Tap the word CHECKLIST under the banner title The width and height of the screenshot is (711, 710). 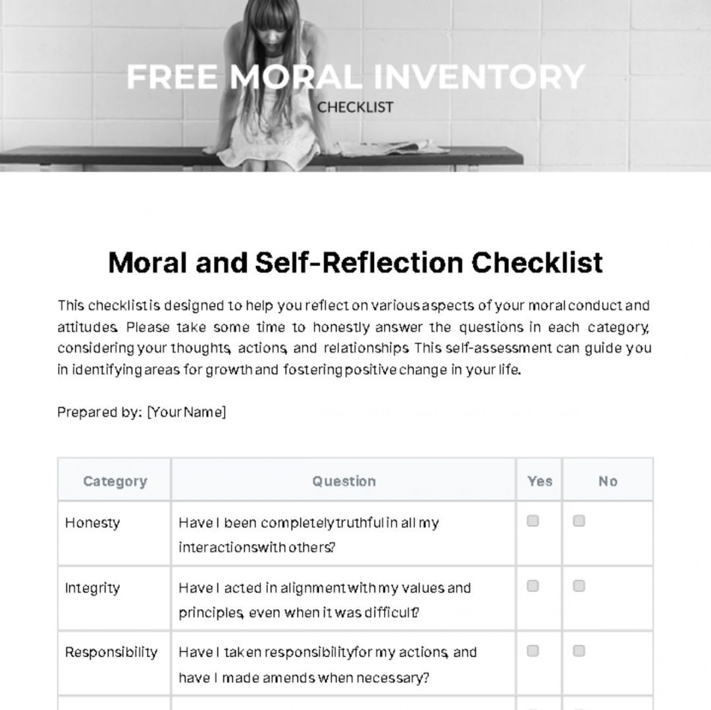(x=355, y=107)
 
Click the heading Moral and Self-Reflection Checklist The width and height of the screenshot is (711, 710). (x=355, y=262)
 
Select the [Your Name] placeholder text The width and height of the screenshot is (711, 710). (x=186, y=412)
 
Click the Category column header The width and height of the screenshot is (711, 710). (x=115, y=481)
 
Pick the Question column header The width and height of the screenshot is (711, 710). (x=344, y=481)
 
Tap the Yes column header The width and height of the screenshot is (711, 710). (x=539, y=481)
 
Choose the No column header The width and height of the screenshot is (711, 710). (x=608, y=481)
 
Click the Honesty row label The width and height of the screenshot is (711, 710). (x=92, y=523)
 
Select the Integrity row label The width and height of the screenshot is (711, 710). (x=92, y=587)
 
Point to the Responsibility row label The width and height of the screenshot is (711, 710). (x=111, y=652)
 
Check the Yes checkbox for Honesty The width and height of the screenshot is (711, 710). (x=533, y=521)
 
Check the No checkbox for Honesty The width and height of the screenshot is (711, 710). (x=579, y=521)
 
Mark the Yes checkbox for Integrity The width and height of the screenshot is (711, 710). (x=533, y=586)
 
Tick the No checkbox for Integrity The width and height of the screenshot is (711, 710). (x=579, y=586)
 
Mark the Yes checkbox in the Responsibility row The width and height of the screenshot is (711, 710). (x=533, y=651)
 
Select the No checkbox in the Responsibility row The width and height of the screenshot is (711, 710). (x=579, y=651)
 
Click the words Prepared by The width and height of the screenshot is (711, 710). (x=99, y=412)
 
